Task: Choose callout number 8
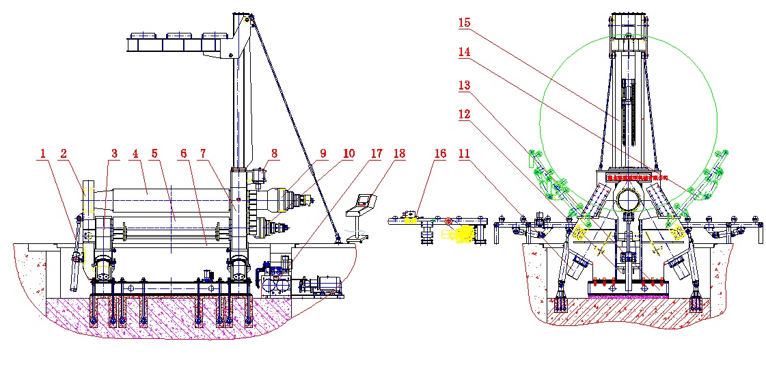[x=274, y=154]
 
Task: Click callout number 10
[x=348, y=154]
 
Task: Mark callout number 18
[x=399, y=154]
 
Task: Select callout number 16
[x=439, y=154]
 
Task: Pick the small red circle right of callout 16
[x=448, y=221]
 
